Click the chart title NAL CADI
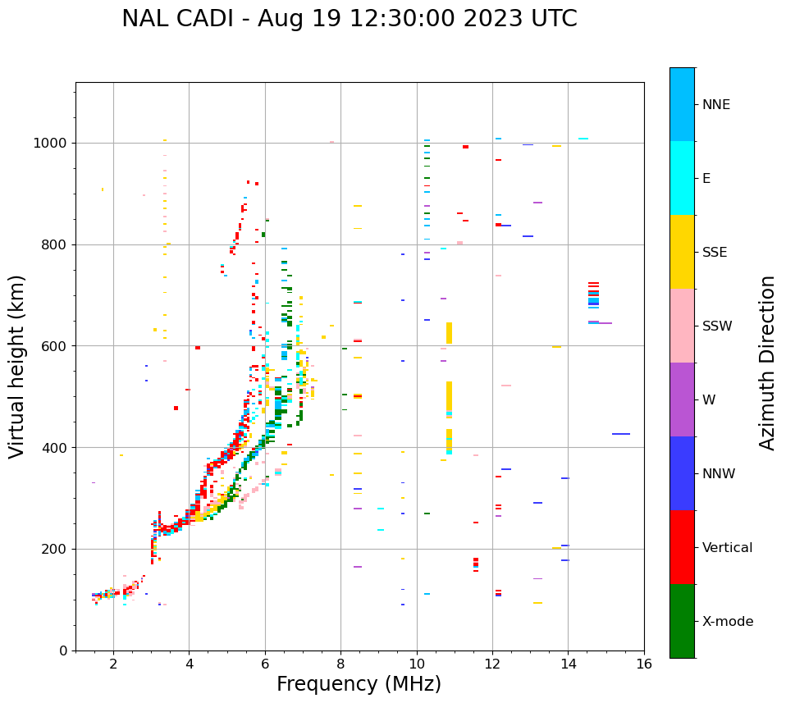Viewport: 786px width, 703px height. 349,19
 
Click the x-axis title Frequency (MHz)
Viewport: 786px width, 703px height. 359,684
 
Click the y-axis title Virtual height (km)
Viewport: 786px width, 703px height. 18,366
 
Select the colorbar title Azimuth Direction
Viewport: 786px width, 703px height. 767,363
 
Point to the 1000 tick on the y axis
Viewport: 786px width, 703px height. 53,143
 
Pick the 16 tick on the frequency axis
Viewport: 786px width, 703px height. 644,663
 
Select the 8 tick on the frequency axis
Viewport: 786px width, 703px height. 340,663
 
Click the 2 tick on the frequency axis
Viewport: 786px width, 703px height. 113,663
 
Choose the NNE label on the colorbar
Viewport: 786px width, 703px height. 715,105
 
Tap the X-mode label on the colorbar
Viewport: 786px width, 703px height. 727,622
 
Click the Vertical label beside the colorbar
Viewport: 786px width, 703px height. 727,548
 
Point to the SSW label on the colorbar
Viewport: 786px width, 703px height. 717,326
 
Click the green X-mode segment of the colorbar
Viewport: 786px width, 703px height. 682,621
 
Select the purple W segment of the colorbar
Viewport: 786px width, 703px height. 682,399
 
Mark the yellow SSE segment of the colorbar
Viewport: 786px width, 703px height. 682,252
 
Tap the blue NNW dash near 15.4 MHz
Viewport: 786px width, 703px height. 620,434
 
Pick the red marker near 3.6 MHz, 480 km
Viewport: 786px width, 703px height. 176,408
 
